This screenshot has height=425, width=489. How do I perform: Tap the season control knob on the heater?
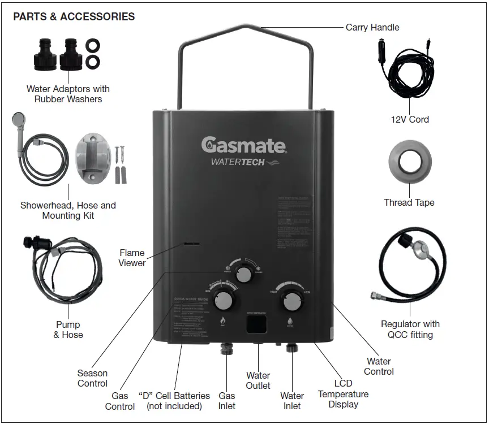pos(244,275)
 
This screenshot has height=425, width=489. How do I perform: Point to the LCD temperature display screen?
pos(258,324)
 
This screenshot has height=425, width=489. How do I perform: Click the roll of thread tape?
pos(409,163)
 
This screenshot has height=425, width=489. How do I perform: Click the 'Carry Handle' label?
pos(372,27)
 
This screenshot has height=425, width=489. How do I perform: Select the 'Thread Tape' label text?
pos(409,202)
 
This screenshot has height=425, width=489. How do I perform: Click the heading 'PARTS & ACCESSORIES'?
pos(74,16)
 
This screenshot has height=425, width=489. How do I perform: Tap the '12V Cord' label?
pos(410,119)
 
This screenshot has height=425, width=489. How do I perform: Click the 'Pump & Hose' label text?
pos(68,329)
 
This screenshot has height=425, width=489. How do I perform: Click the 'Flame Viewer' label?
pos(132,258)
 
